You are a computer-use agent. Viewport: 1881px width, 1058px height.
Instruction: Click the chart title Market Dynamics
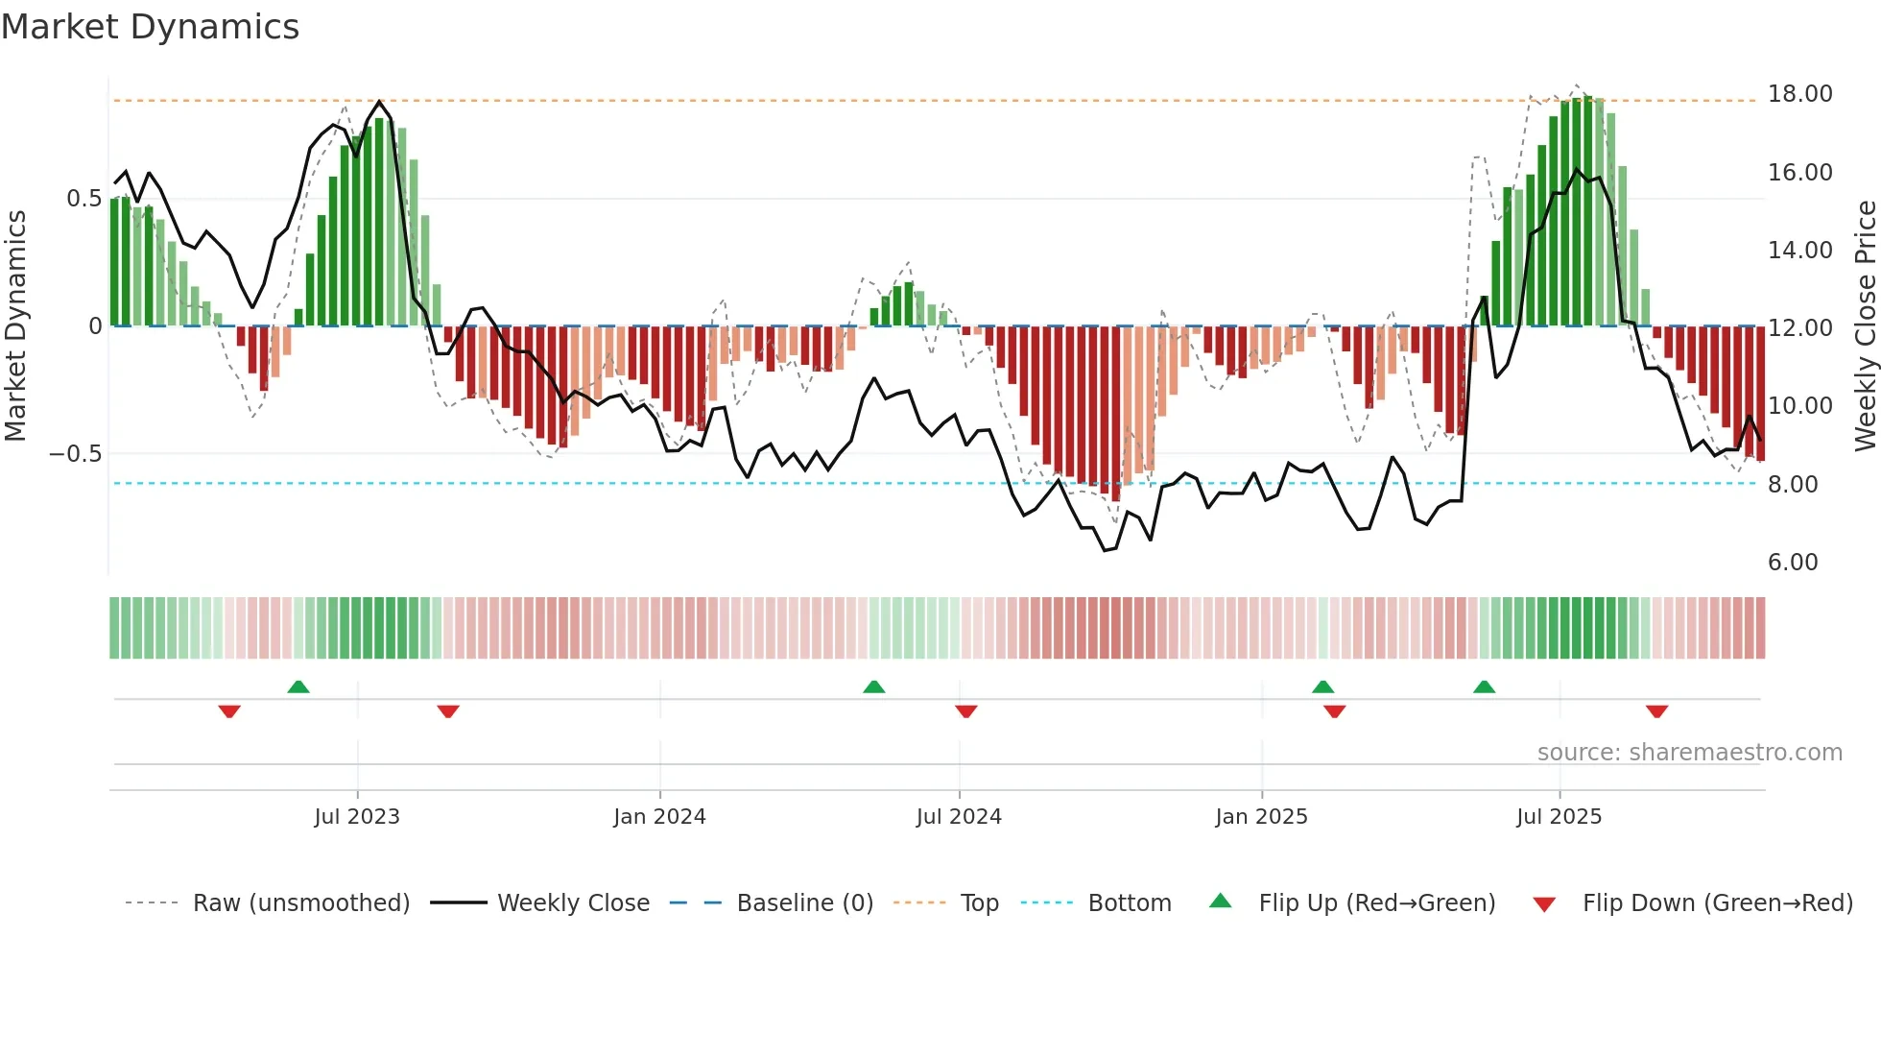[150, 27]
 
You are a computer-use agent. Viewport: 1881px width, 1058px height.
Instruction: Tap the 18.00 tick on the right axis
[1799, 94]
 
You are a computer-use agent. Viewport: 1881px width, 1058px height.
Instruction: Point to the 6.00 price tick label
[1793, 563]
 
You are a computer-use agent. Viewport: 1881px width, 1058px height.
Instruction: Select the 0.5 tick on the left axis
[83, 199]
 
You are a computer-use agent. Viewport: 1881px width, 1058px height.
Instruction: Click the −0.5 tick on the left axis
[76, 454]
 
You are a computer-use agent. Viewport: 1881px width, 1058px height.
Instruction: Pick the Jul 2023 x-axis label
[357, 817]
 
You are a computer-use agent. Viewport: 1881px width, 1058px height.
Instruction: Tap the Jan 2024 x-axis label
[659, 817]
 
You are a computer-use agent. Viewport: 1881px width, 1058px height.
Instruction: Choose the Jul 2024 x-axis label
[959, 817]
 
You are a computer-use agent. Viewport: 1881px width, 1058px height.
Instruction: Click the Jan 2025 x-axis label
[1261, 817]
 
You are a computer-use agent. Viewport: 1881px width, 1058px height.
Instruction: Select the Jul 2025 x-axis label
[1559, 817]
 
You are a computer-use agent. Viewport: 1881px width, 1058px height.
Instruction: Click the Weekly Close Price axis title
[1865, 326]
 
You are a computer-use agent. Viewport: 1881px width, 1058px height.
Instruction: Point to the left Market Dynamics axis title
[15, 326]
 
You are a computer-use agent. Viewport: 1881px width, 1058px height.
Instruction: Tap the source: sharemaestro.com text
[1689, 753]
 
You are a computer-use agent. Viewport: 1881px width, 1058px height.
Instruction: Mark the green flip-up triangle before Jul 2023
[298, 687]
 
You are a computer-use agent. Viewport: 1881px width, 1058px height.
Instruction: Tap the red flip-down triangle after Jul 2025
[1656, 711]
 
